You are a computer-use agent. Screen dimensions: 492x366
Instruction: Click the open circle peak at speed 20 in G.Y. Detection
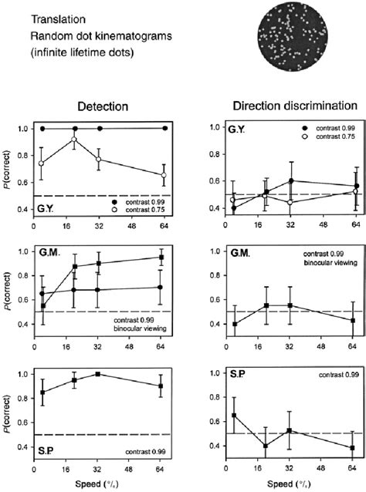[74, 140]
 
